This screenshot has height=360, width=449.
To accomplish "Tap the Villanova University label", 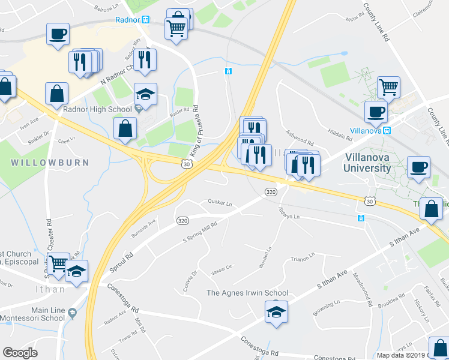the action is [376, 163].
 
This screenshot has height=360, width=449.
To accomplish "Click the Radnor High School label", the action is [97, 109].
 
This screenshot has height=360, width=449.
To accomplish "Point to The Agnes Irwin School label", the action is [247, 293].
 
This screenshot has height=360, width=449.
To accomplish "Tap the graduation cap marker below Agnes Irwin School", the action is [276, 312].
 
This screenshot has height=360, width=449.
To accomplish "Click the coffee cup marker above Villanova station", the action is [376, 111].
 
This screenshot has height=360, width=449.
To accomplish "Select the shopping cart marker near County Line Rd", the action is [388, 87].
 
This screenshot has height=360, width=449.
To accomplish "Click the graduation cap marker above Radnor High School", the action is [145, 94].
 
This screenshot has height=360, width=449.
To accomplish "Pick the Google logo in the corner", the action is [20, 353].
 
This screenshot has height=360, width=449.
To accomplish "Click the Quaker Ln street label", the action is [220, 203].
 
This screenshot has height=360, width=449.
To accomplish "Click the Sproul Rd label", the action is [121, 263].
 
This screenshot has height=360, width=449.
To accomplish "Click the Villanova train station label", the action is [367, 130].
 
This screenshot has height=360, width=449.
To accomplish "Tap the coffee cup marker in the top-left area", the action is [58, 34].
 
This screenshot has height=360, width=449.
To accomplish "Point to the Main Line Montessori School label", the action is [32, 313].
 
